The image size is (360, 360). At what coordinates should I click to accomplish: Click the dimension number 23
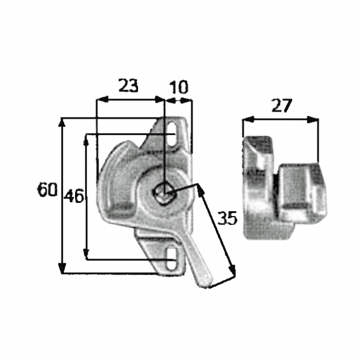coord(128,85)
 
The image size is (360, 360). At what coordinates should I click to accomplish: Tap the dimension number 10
coord(179,87)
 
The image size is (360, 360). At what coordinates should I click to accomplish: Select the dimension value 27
coord(281,106)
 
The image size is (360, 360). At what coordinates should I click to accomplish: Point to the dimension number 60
coord(47,190)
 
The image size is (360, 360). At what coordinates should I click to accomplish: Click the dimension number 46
coord(74,196)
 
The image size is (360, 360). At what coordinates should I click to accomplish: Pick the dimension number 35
coord(227,218)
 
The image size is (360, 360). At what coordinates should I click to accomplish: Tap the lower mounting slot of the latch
coord(171,259)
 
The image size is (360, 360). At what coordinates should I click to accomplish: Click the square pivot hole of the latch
coord(164,193)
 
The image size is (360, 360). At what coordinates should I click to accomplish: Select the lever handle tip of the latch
coord(205,281)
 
